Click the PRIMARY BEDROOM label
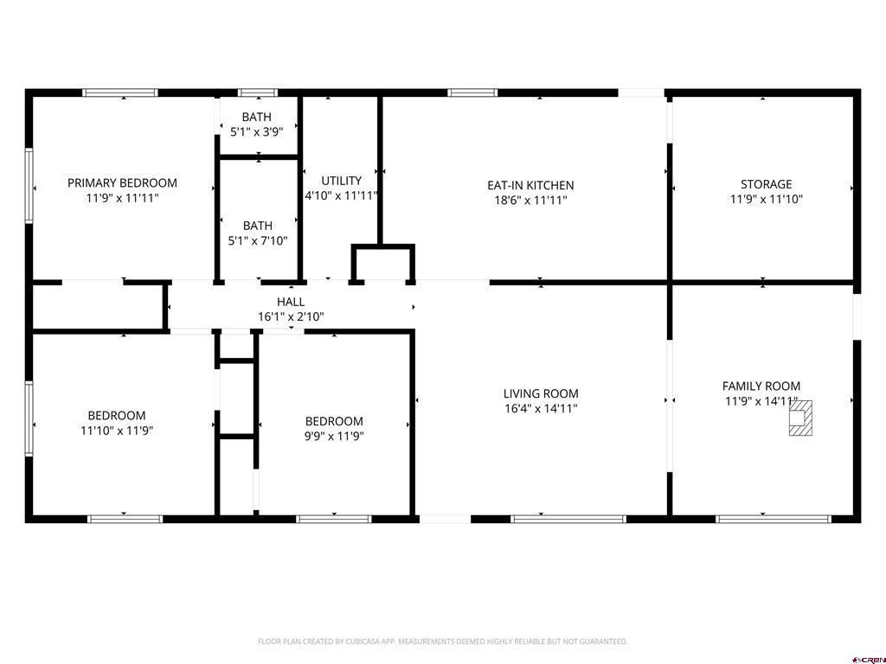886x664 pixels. coord(122,183)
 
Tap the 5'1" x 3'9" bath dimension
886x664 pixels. coord(256,131)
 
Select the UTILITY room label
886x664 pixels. coord(341,181)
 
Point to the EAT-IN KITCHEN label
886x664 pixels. coord(530,185)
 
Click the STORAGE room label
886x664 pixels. coord(767,184)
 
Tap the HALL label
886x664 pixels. coord(291,302)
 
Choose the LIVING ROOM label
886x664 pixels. coord(541,393)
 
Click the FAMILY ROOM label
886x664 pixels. coord(761,386)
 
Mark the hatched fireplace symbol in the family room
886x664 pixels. coord(800,418)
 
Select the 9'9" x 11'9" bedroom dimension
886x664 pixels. coord(334,436)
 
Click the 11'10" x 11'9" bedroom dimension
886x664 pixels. coord(117,431)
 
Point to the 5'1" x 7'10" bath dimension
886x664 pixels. coord(258,240)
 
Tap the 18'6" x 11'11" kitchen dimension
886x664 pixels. coord(530,200)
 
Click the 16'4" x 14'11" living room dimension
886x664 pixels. coord(541,408)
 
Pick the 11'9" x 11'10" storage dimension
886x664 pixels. coord(767,199)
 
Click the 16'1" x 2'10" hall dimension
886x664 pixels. coord(291,316)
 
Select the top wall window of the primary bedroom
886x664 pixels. coord(120,93)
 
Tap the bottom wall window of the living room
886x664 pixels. coord(568,519)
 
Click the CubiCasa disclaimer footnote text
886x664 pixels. coord(442,642)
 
